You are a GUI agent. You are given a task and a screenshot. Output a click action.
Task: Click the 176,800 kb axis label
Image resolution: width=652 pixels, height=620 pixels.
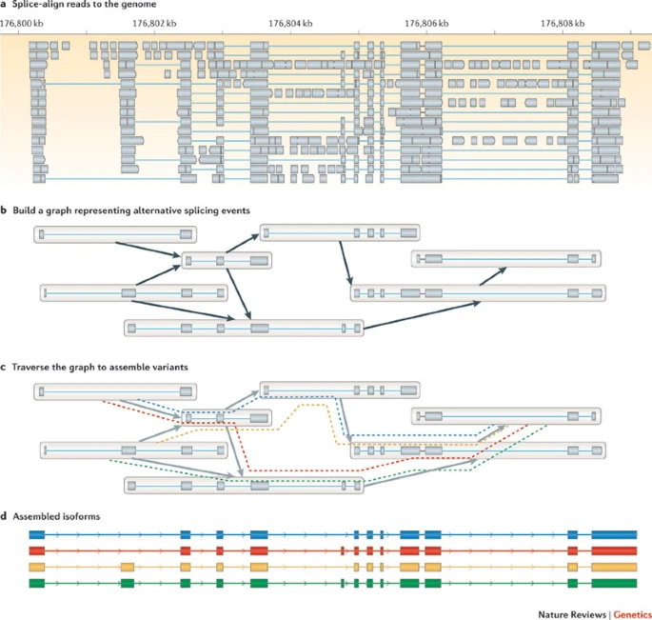point(22,22)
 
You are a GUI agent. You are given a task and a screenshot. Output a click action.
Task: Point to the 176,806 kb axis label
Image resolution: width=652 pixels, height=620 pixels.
point(428,22)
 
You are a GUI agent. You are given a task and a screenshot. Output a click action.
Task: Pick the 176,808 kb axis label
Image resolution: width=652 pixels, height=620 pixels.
point(563,22)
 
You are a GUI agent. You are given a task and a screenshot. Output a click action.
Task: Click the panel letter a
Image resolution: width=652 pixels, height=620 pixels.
point(4,5)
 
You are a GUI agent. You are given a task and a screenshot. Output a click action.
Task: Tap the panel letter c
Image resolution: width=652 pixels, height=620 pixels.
point(4,366)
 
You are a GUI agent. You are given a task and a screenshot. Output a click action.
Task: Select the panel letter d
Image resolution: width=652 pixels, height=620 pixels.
point(4,516)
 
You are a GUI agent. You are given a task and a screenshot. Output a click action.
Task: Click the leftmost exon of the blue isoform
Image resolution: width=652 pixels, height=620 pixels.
point(37,536)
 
